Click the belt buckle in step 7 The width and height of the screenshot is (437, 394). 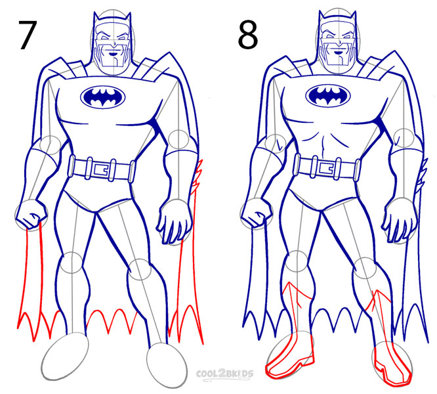click(101, 169)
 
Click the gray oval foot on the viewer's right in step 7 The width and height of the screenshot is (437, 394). click(166, 362)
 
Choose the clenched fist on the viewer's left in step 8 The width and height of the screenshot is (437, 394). click(255, 213)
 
